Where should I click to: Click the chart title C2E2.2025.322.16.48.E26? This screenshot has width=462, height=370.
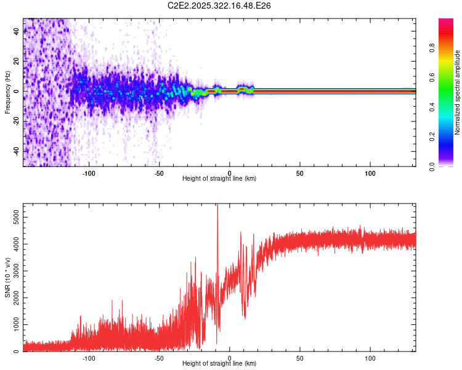[219, 6]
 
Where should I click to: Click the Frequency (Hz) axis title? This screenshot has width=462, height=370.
[7, 92]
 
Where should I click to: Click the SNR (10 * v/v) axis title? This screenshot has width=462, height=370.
[7, 277]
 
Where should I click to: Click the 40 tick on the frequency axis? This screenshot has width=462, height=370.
[16, 31]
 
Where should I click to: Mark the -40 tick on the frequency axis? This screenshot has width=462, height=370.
[16, 151]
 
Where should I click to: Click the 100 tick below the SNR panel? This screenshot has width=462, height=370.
[370, 358]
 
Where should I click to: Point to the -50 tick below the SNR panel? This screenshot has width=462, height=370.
[160, 358]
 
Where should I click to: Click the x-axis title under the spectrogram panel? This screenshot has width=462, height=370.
[219, 179]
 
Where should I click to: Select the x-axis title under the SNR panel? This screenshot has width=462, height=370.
[219, 364]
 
